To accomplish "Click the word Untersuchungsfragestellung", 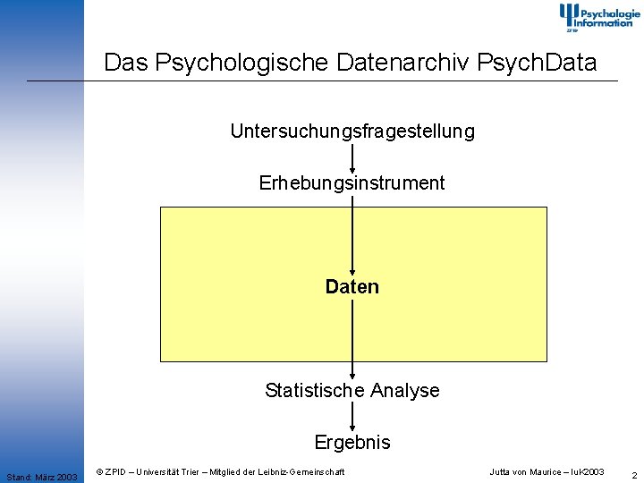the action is (352, 131).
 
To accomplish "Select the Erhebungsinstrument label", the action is (352, 183).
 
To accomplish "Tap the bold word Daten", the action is (352, 287).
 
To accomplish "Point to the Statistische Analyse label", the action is (352, 391).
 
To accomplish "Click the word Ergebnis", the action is (352, 443).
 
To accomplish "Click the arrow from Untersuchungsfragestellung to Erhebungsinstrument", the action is (352, 157).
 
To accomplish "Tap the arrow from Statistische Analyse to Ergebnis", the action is (352, 417).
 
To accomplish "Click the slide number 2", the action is (634, 475).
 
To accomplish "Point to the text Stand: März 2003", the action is (41, 477).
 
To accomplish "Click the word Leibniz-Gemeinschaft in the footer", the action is (301, 471).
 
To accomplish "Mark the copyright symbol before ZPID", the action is (99, 471).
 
